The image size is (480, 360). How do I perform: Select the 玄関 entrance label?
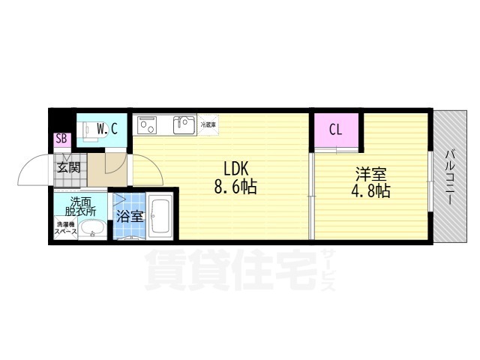pos(67,167)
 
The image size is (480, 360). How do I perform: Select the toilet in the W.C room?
pos(88,129)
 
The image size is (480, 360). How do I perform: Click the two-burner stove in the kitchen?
pos(147,124)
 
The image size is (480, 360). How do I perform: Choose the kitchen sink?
pos(184,124)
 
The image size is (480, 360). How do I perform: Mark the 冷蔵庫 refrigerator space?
pos(208,124)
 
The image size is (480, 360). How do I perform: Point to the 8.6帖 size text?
pos(235,187)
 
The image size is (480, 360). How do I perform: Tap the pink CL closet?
pos(335,129)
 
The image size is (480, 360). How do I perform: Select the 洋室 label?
pos(370,173)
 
